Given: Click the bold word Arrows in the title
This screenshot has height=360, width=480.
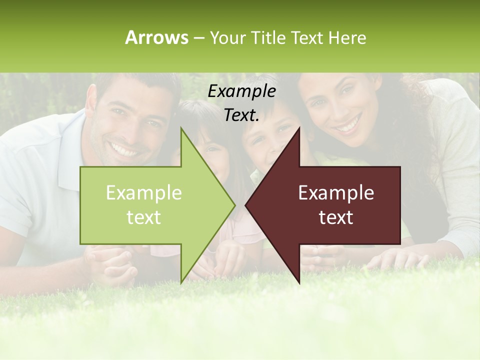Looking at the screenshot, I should click(156, 37).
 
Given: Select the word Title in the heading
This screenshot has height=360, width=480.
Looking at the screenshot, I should click(268, 37).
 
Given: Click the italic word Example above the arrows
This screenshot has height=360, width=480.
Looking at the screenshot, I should click(241, 91).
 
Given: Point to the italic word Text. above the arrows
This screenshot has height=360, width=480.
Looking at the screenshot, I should click(241, 115).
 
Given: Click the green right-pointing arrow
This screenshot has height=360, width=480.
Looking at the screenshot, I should click(150, 205).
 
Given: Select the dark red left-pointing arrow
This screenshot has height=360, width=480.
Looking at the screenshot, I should click(330, 205).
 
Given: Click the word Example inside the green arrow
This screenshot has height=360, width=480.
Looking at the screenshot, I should click(144, 193).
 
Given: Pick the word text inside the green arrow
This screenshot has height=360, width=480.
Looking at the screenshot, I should click(144, 217).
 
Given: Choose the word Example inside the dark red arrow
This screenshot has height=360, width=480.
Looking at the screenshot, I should click(336, 193).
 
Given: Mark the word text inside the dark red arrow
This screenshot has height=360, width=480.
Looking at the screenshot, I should click(336, 217).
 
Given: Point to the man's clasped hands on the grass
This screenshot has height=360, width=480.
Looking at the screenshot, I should click(110, 262).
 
